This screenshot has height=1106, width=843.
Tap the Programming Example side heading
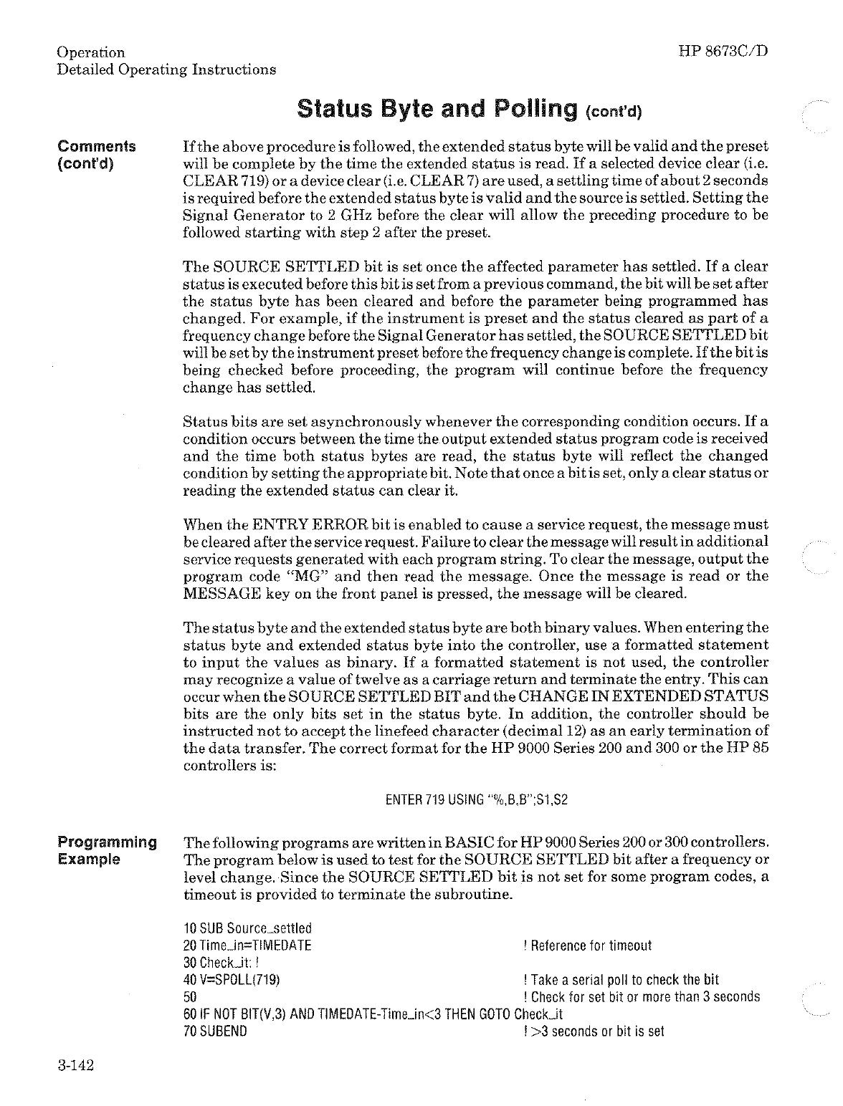click(x=108, y=850)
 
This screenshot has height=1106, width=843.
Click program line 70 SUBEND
click(x=215, y=1032)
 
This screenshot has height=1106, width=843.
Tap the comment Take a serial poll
click(x=621, y=980)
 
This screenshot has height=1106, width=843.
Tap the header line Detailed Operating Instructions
click(x=166, y=69)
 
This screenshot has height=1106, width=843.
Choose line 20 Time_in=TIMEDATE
click(x=247, y=946)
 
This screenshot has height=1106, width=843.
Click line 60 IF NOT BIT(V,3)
click(x=373, y=1014)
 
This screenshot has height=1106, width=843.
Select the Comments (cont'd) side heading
click(x=97, y=155)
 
